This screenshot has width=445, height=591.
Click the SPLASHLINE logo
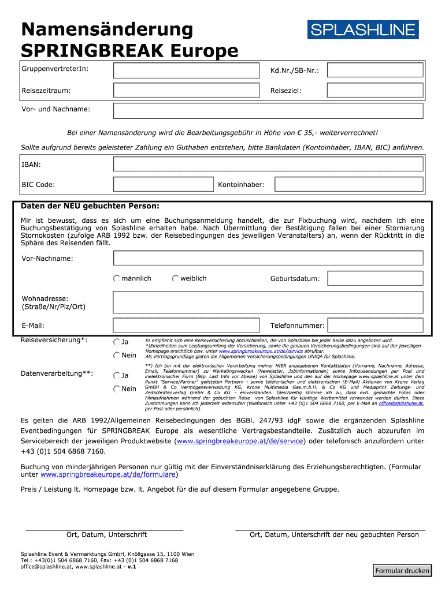363,30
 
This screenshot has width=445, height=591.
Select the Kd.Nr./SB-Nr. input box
375,70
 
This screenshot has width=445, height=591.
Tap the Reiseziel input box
375,90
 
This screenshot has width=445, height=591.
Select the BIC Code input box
162,185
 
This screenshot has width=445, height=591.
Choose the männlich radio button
117,279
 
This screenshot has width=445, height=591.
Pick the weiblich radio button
176,279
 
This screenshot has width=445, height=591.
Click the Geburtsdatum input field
375,279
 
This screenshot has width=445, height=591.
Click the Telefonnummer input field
375,326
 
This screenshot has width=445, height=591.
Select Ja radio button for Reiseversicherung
117,342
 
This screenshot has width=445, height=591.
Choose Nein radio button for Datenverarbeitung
117,389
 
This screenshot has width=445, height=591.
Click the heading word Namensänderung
107,29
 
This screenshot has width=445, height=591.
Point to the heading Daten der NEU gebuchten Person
90,206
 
